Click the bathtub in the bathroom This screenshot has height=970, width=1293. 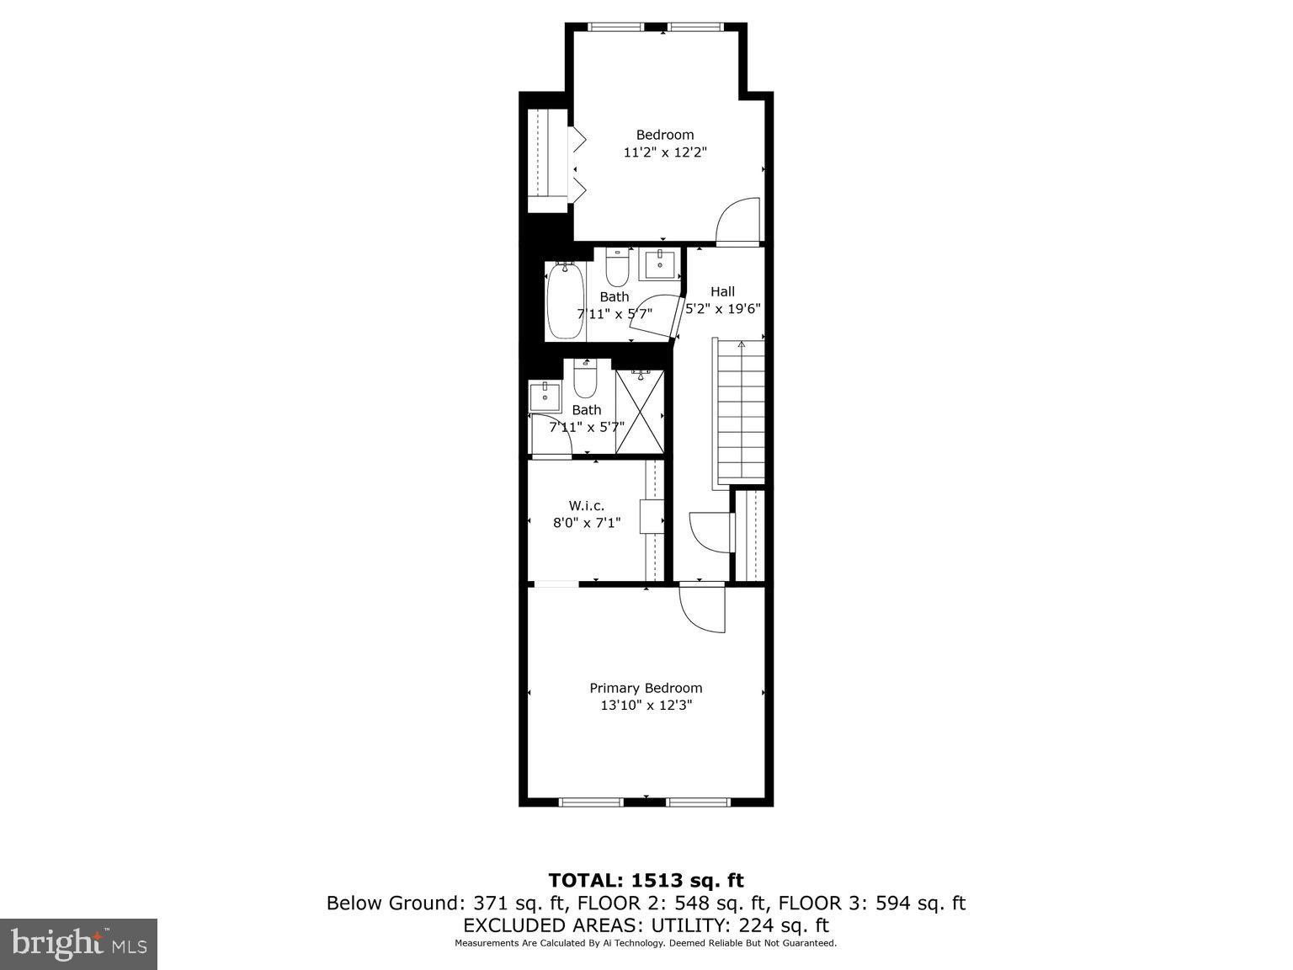point(565,301)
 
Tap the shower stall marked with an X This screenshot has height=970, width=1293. point(640,413)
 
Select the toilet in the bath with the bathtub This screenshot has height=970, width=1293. point(617,267)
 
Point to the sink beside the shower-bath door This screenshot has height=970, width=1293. point(545,395)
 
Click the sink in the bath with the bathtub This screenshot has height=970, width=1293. point(659,264)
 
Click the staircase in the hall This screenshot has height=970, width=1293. point(740,413)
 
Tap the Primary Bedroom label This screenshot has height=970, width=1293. point(646,688)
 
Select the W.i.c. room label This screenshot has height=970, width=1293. point(587,505)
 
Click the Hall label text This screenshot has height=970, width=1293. point(722,291)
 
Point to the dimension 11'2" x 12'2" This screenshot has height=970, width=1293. point(665,152)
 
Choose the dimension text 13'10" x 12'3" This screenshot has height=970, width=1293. point(646,706)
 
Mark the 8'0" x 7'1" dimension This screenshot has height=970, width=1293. point(587,523)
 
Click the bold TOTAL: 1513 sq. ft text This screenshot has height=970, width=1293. point(646,881)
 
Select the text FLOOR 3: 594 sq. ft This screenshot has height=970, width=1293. point(871,903)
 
